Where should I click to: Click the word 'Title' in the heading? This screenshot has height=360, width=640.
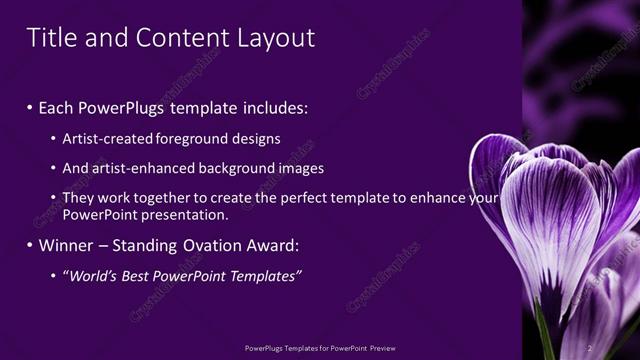(x=51, y=38)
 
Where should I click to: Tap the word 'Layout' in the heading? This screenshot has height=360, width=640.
(x=275, y=38)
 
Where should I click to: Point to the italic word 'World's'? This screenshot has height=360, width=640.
(x=92, y=276)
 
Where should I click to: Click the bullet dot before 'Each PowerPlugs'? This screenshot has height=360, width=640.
(x=30, y=107)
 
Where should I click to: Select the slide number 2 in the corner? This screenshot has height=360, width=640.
(x=589, y=349)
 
